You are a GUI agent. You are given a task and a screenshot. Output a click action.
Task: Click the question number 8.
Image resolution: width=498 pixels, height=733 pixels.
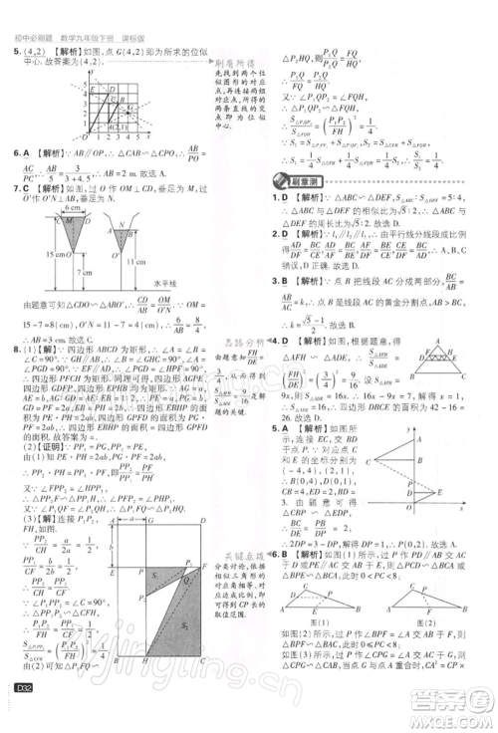pyautogui.click(x=17, y=350)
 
